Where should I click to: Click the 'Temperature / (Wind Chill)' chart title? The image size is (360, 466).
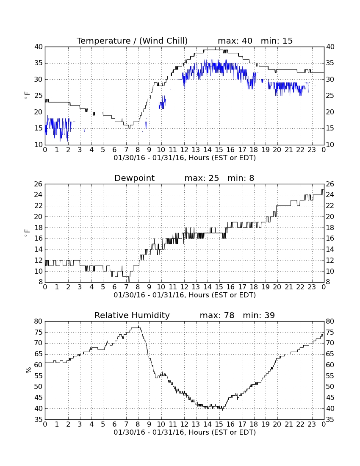(x=132, y=41)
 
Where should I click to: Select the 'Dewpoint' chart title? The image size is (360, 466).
(x=135, y=178)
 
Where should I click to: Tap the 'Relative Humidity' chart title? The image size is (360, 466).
(x=132, y=316)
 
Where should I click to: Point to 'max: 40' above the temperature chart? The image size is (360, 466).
(x=235, y=41)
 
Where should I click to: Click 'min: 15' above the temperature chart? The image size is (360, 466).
(x=277, y=41)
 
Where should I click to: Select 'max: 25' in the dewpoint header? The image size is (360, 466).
(x=202, y=178)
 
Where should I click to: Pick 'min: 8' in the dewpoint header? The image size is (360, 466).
(x=241, y=178)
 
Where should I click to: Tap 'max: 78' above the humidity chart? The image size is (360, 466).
(x=217, y=316)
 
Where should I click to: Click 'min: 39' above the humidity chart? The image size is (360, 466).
(x=259, y=316)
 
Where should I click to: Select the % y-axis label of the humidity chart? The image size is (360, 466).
(x=28, y=370)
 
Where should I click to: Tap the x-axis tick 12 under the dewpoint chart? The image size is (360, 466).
(x=184, y=287)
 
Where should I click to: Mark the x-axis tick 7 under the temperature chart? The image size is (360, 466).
(x=126, y=150)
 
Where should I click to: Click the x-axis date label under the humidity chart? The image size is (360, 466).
(x=185, y=433)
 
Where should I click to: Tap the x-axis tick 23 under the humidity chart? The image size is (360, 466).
(x=312, y=424)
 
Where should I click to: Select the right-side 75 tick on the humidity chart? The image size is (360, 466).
(x=330, y=332)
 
